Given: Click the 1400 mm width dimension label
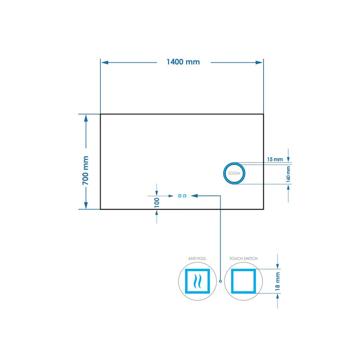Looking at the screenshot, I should [x=183, y=62].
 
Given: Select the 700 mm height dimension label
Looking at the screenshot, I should [x=85, y=170].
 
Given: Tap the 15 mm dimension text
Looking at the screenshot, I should [x=275, y=159].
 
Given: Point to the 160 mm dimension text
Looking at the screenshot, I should [x=288, y=174].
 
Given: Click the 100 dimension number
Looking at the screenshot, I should [x=157, y=201].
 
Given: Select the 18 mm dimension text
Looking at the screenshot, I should [x=278, y=281].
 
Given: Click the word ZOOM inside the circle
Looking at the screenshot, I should [x=234, y=174].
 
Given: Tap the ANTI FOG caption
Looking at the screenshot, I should [x=196, y=259].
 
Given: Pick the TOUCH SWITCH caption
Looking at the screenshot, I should [x=243, y=259].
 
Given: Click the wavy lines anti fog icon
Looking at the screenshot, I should [x=196, y=282].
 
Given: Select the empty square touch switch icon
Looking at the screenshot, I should [x=243, y=282].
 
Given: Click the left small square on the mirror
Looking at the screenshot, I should [x=180, y=196].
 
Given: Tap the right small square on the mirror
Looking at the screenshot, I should [x=184, y=196].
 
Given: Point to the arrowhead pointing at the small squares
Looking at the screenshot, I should [x=194, y=196].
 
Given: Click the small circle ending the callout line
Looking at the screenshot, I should [x=220, y=281].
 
